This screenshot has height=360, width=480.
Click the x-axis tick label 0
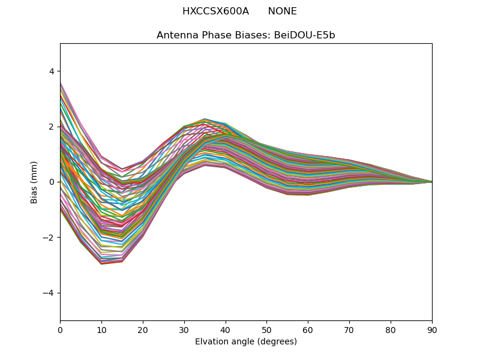[x=60, y=329]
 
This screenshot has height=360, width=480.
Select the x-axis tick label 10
[x=101, y=329]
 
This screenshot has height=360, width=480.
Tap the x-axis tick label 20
[x=143, y=329]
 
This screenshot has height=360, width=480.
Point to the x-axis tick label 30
[x=184, y=329]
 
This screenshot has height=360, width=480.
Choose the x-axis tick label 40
[x=226, y=329]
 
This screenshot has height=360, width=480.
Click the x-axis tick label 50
[x=266, y=329]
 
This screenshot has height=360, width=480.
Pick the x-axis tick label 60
[x=308, y=329]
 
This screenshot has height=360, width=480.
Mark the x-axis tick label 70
[x=349, y=329]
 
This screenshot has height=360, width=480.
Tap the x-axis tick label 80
[x=391, y=329]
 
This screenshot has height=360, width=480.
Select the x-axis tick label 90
[x=432, y=329]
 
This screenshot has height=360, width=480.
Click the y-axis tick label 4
[x=51, y=71]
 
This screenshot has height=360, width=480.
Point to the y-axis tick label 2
[x=51, y=127]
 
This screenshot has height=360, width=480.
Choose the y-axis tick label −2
[x=49, y=238]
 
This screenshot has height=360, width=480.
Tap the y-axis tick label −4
[x=49, y=293]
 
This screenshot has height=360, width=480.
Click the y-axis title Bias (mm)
[x=34, y=182]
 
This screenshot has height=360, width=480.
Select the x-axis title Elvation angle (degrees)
[x=246, y=341]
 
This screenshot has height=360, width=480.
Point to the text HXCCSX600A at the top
[x=215, y=11]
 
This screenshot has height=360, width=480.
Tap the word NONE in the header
[x=282, y=11]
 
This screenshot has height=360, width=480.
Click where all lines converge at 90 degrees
[x=431, y=182]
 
